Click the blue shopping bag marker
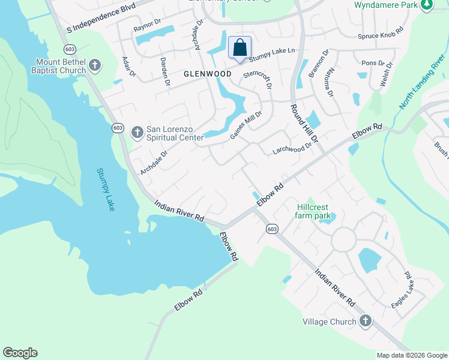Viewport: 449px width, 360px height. click(x=240, y=48)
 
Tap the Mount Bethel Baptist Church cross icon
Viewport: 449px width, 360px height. click(x=94, y=65)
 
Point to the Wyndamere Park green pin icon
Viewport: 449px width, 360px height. click(x=427, y=5)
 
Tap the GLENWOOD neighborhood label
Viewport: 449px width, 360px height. click(x=208, y=74)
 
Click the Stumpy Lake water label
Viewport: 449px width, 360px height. click(x=106, y=190)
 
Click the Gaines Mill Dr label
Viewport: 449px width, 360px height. click(x=247, y=126)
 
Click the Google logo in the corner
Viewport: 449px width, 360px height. click(x=20, y=353)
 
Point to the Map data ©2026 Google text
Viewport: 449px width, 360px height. click(x=411, y=355)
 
